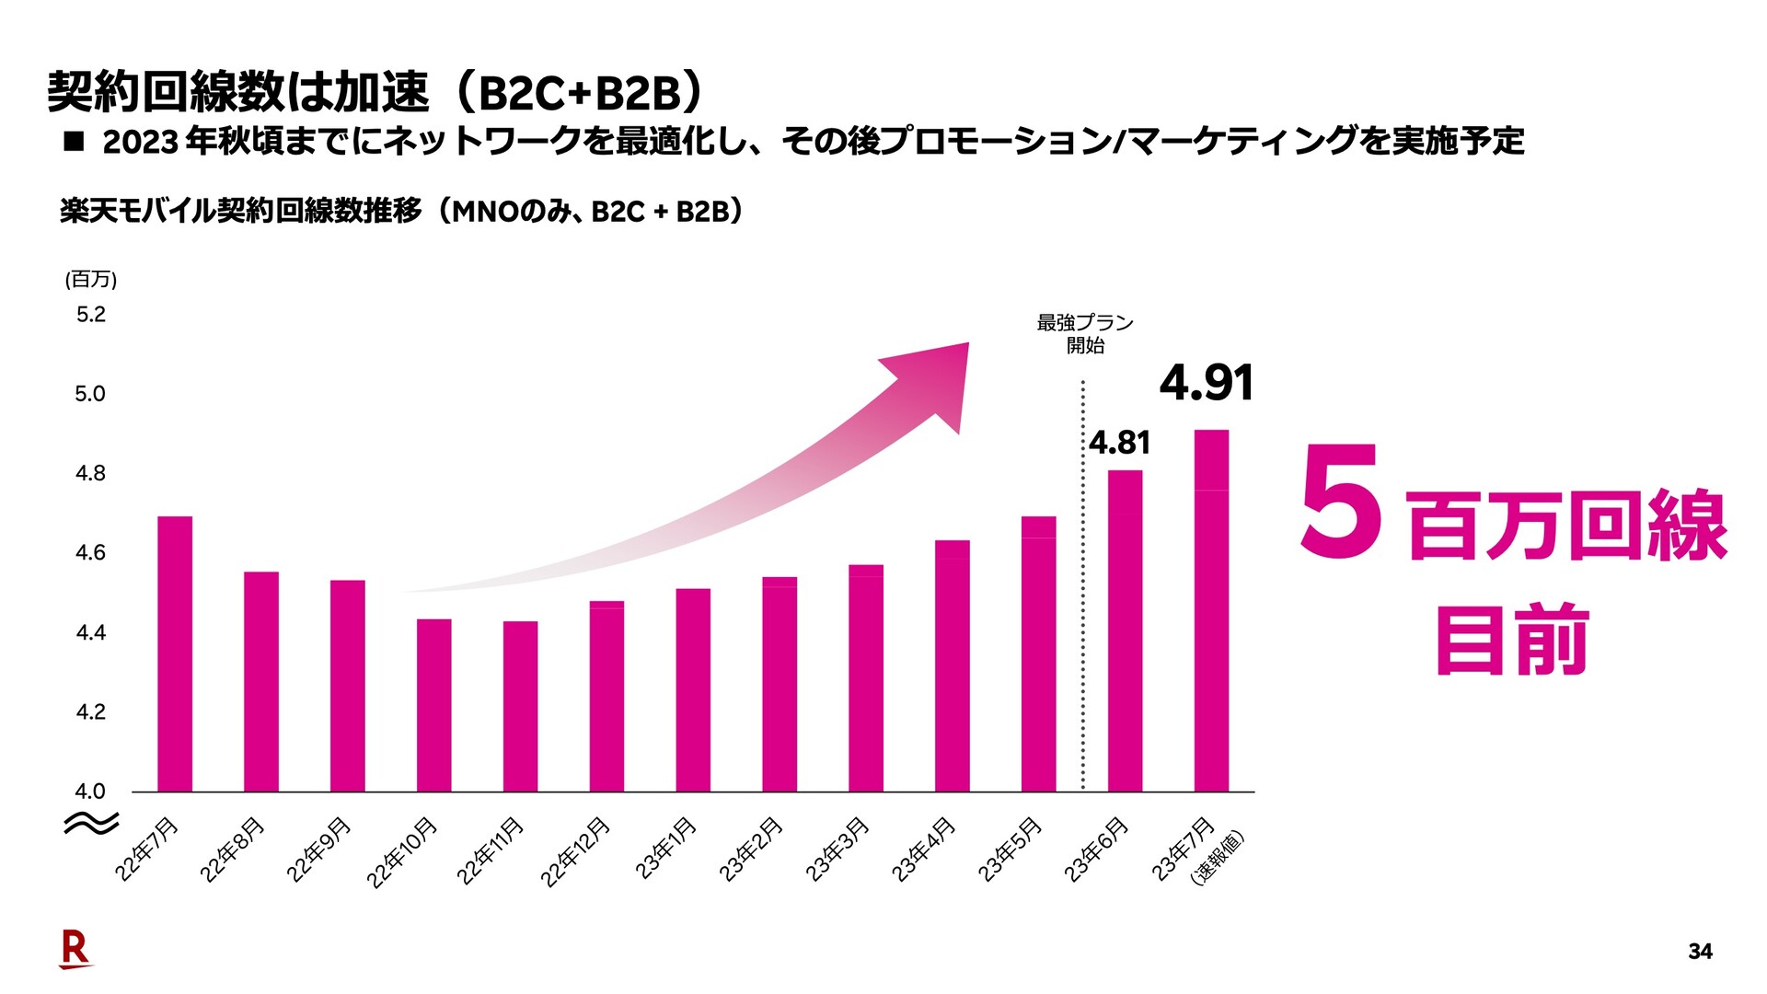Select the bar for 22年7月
175,653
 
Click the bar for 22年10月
433,705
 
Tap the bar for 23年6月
1125,630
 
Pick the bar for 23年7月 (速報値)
1211,610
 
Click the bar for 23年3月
865,677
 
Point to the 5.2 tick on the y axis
90,315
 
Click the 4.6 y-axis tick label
90,552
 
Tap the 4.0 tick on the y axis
90,791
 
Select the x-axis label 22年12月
576,851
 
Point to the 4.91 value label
1206,383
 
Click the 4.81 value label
1119,443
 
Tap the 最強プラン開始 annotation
1085,333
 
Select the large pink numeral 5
1340,502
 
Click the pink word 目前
1512,640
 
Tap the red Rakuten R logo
75,949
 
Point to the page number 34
1700,952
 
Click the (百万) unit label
90,279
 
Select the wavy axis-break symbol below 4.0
90,822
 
